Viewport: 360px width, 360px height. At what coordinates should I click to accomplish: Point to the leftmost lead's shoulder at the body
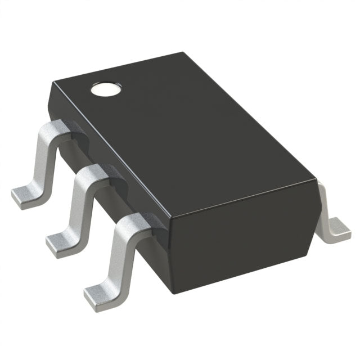click(x=60, y=128)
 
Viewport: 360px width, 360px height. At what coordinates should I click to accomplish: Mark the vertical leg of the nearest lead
click(x=117, y=256)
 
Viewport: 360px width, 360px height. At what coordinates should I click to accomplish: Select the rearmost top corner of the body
click(x=182, y=53)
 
